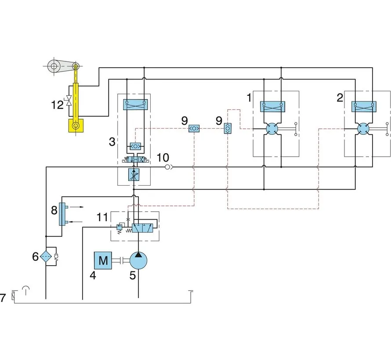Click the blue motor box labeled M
(103, 260)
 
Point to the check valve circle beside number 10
(168, 167)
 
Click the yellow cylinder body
(76, 101)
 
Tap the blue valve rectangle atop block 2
(363, 106)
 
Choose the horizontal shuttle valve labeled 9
(195, 129)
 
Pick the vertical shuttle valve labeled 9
(227, 128)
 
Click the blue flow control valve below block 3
(133, 175)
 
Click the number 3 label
(112, 141)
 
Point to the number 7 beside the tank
(3, 298)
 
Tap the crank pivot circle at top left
(54, 67)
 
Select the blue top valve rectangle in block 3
(136, 104)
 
